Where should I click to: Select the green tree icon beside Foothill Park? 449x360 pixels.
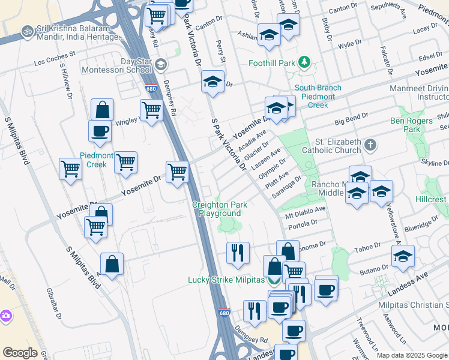[x=305, y=62]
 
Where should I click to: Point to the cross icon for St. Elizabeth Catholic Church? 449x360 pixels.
[x=370, y=145]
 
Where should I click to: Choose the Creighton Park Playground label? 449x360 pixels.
[x=220, y=209]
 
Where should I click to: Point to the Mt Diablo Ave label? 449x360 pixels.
[x=305, y=212]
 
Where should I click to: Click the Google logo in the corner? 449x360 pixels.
[x=20, y=352]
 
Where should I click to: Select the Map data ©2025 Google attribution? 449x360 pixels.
[x=411, y=355]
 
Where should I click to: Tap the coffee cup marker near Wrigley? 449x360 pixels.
[x=100, y=131]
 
